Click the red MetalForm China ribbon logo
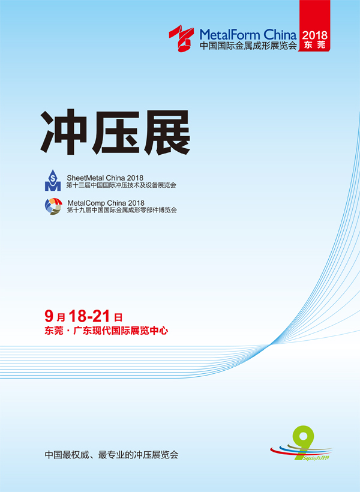click(181, 38)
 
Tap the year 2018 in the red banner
click(314, 35)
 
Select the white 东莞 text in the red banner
click(314, 44)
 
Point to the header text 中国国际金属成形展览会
click(248, 46)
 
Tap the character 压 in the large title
click(115, 132)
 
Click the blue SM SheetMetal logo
click(52, 180)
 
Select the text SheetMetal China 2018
click(105, 178)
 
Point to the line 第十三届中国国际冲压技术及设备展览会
click(121, 185)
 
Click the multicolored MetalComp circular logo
click(53, 206)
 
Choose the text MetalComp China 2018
click(106, 203)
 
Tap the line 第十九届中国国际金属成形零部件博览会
click(122, 210)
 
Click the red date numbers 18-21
click(89, 316)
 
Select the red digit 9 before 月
click(49, 316)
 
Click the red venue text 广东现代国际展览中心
click(121, 331)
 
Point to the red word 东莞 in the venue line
click(53, 331)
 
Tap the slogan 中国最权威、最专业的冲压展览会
click(112, 455)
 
